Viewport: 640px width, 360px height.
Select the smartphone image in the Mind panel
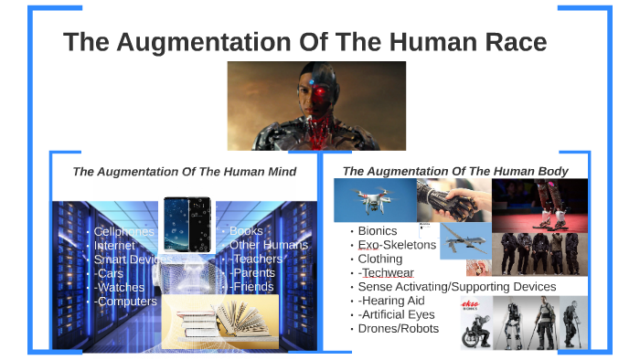(187, 224)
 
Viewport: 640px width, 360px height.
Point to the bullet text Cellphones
(124, 232)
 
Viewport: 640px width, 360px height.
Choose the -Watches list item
(119, 288)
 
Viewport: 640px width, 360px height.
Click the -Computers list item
(125, 302)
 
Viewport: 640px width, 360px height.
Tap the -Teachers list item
(255, 259)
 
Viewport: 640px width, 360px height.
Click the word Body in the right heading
(552, 171)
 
